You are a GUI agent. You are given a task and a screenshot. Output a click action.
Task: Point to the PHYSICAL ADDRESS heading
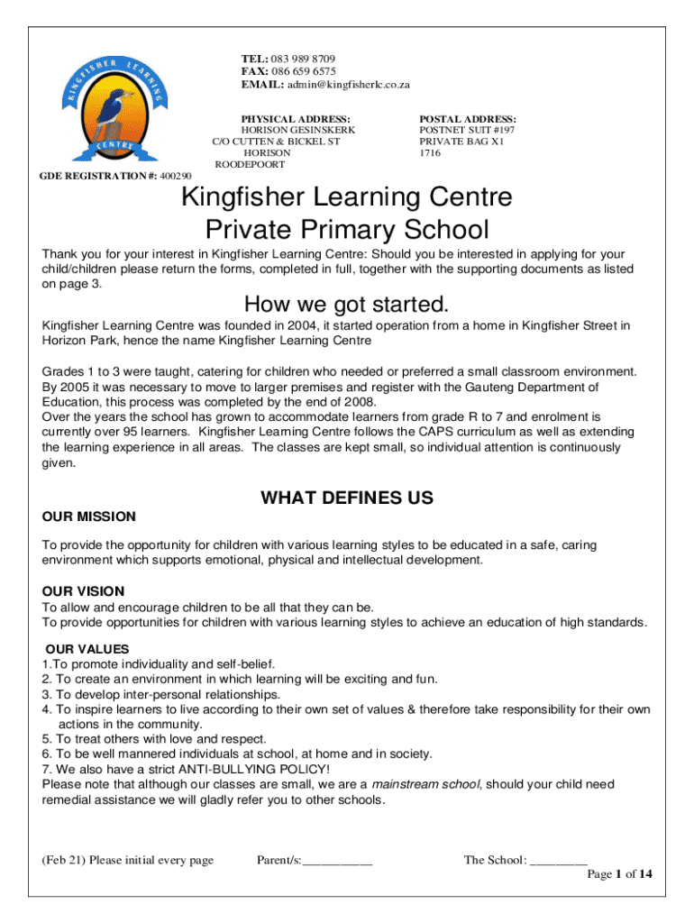[x=296, y=118]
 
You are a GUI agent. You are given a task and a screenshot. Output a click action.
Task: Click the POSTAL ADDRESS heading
[x=468, y=118]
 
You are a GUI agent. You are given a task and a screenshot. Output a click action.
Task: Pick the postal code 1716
[x=430, y=153]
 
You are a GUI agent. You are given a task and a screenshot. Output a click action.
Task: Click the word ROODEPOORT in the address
[x=250, y=165]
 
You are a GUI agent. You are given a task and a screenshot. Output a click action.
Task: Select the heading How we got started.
[x=346, y=303]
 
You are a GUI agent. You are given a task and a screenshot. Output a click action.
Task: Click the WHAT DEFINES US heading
[x=346, y=498]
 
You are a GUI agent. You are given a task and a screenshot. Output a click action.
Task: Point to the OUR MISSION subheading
[x=89, y=516]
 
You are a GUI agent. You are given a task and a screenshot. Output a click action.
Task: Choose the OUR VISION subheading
[x=84, y=591]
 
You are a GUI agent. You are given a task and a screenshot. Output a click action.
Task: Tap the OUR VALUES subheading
[x=87, y=649]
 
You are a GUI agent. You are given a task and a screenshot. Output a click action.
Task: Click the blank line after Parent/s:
[x=338, y=861]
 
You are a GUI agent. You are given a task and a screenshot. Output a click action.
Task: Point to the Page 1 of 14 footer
[x=619, y=874]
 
